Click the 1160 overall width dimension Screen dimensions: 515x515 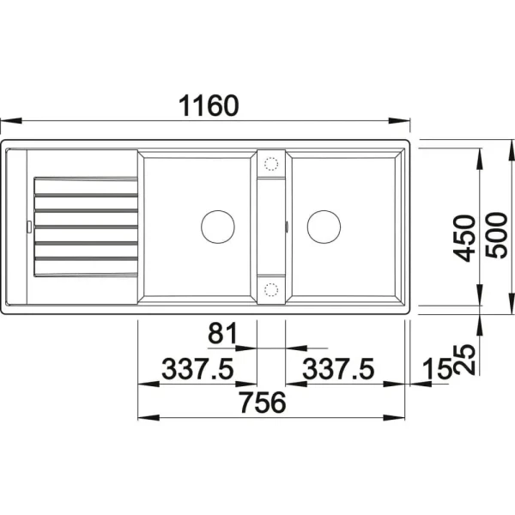pyautogui.click(x=209, y=106)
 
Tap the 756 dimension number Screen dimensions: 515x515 pyautogui.click(x=263, y=403)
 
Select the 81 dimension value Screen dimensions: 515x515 pyautogui.click(x=222, y=333)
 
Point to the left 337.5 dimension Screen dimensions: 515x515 pyautogui.click(x=197, y=368)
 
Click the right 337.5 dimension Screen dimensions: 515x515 pyautogui.click(x=338, y=368)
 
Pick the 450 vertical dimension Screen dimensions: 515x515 pyautogui.click(x=464, y=238)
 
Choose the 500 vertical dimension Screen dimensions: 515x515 pyautogui.click(x=497, y=235)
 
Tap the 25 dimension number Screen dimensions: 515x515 pyautogui.click(x=464, y=360)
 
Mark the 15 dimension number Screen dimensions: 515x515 pyautogui.click(x=438, y=368)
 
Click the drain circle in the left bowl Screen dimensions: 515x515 pyautogui.click(x=218, y=227)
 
